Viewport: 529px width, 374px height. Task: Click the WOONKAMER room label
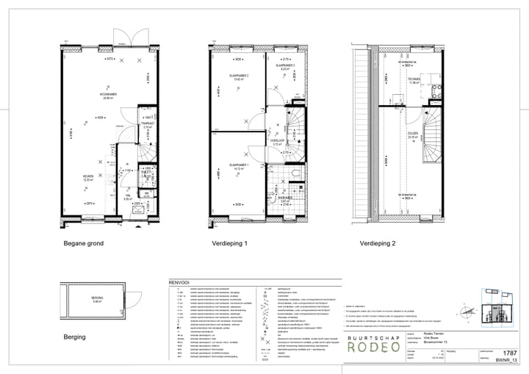point(109,95)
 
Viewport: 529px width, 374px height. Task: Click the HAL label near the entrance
point(126,195)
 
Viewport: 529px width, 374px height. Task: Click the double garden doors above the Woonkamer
point(125,36)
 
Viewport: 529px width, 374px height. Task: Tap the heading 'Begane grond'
point(82,244)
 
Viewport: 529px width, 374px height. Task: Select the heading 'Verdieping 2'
point(378,244)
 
